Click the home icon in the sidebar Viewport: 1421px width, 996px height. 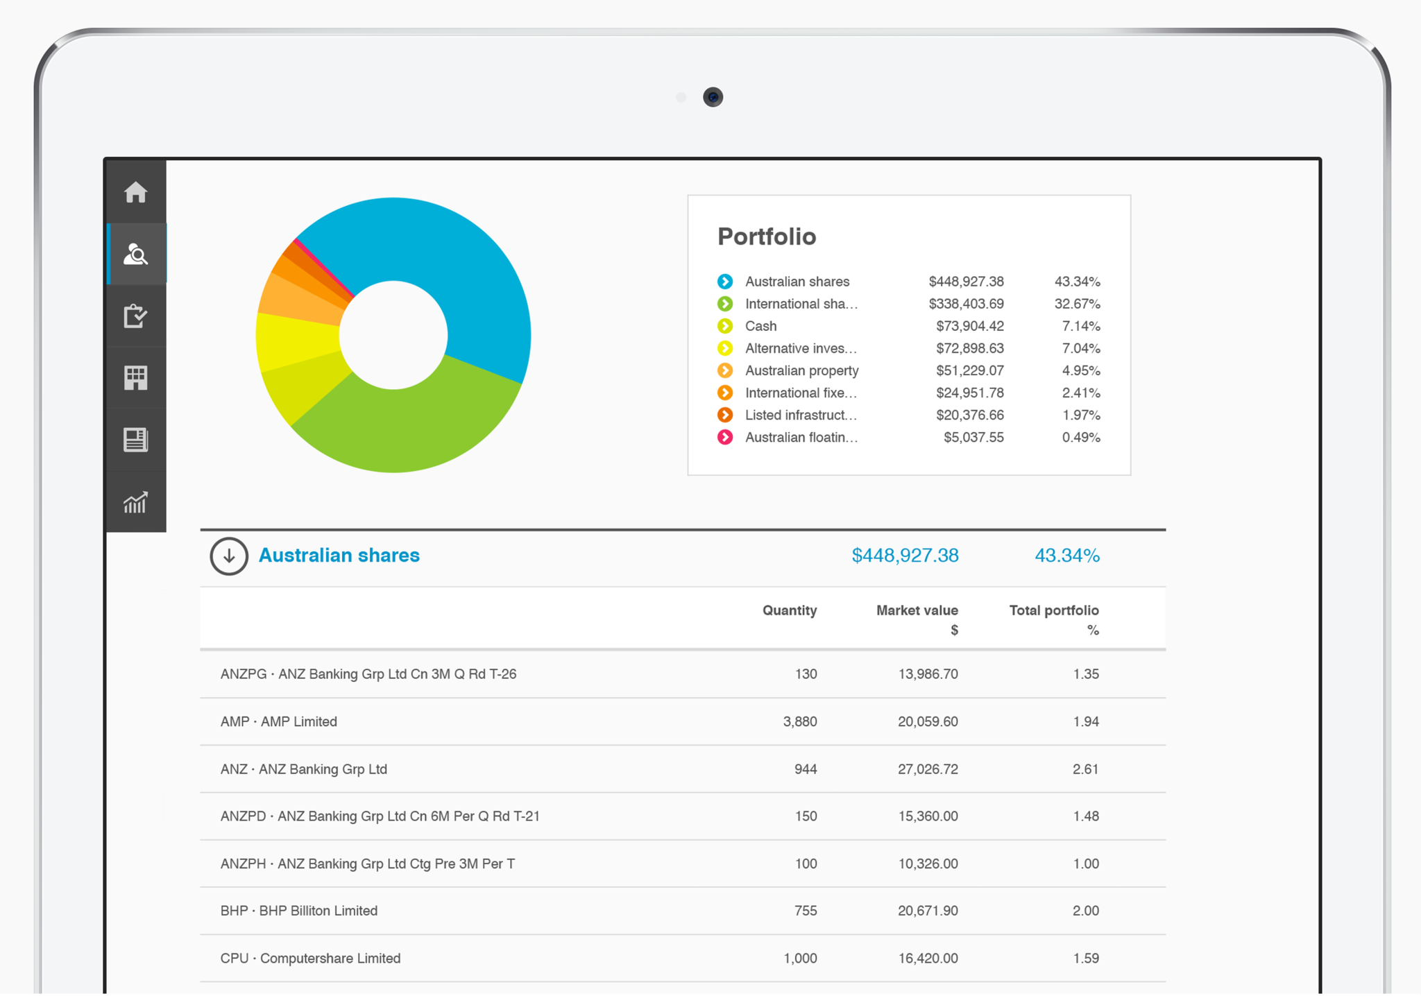(136, 192)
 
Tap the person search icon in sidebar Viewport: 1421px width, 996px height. (136, 255)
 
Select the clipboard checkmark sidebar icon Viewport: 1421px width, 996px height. (136, 316)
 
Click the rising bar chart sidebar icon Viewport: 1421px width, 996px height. (136, 501)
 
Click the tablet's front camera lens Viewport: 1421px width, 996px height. (713, 97)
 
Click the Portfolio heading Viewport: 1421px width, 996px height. (766, 237)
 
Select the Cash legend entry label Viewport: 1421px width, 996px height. (760, 326)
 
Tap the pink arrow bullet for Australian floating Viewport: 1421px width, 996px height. (725, 437)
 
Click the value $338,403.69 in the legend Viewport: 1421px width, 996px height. (966, 304)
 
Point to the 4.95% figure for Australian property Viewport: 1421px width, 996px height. (1080, 370)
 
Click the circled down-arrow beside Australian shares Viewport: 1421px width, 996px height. (229, 556)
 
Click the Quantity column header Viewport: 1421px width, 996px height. (789, 610)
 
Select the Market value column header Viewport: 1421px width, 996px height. (917, 610)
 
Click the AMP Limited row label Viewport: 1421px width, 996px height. (279, 721)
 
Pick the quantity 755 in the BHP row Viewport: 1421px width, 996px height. (805, 911)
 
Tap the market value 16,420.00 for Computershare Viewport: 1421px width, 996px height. (928, 958)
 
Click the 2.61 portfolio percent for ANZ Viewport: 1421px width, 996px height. (1085, 769)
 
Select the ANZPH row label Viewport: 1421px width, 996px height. (367, 864)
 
